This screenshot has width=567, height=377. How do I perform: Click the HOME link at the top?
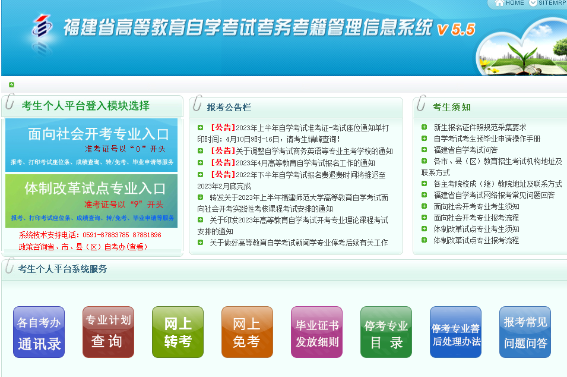pos(510,3)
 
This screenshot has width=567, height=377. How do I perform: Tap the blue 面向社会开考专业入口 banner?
pos(91,145)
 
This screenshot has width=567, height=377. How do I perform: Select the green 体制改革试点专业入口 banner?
pos(91,200)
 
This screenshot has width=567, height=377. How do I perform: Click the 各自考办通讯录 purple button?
pos(39,332)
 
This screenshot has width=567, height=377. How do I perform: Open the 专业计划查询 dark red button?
pos(108,332)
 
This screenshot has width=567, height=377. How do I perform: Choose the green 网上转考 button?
pos(178,332)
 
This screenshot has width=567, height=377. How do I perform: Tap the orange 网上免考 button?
pos(247,332)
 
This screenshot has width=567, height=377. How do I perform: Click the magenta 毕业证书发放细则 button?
pos(316,332)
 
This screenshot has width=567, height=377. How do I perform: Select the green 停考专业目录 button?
pos(386,332)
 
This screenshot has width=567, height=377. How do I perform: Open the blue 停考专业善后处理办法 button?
pos(455,332)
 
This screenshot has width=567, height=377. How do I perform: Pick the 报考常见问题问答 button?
pos(525,332)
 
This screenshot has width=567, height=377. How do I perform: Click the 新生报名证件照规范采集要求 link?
pos(480,127)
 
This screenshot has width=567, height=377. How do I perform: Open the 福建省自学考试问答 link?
pos(465,150)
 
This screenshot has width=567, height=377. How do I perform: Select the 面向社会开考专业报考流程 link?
pos(476,218)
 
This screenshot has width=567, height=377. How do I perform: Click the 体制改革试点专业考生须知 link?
pos(476,229)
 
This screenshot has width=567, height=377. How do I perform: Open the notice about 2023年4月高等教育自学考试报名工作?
pos(305,163)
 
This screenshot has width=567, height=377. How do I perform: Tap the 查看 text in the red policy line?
pos(137,247)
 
